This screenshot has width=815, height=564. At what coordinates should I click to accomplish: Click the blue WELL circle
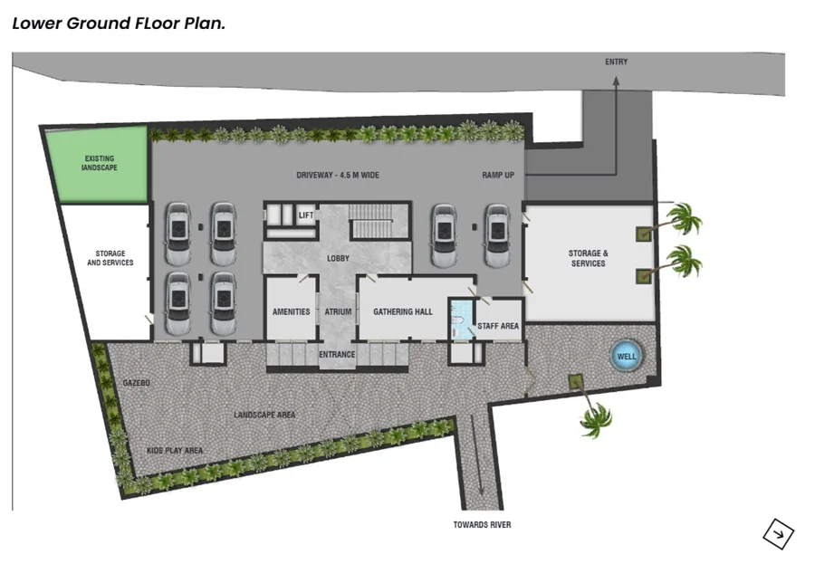click(626, 356)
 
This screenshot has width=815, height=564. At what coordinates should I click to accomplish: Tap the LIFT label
click(306, 215)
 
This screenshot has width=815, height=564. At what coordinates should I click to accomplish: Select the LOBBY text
click(338, 258)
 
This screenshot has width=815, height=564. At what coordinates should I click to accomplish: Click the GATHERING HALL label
click(403, 311)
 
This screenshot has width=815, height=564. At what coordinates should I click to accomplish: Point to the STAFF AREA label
click(498, 326)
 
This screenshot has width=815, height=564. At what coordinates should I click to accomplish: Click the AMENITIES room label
click(291, 311)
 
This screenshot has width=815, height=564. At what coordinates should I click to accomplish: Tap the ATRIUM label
click(338, 311)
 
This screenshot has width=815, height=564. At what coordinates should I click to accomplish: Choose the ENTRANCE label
click(337, 354)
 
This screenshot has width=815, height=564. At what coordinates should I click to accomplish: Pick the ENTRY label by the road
click(616, 62)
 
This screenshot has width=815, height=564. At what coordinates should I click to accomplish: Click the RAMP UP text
click(498, 176)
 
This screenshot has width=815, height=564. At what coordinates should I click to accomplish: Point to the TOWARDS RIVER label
click(482, 524)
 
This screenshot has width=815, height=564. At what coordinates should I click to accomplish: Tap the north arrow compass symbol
click(778, 534)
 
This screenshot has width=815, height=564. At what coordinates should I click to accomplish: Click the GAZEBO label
click(136, 383)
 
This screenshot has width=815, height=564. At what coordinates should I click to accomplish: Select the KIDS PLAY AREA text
click(175, 450)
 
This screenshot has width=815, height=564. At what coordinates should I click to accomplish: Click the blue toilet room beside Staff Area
click(462, 320)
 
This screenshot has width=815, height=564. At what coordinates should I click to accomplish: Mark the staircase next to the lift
click(379, 221)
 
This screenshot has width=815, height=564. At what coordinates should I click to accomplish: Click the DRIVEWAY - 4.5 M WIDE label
click(338, 176)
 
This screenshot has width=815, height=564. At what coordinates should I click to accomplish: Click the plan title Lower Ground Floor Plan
click(119, 24)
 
